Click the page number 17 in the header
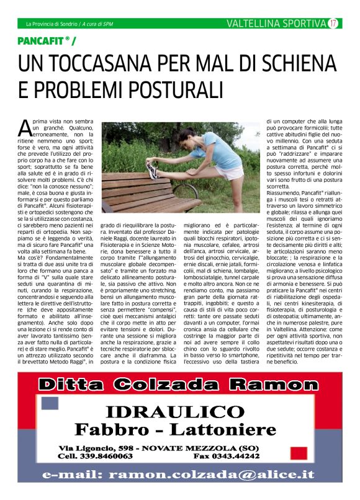[x=333, y=24]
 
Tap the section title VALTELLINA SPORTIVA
[x=276, y=24]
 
